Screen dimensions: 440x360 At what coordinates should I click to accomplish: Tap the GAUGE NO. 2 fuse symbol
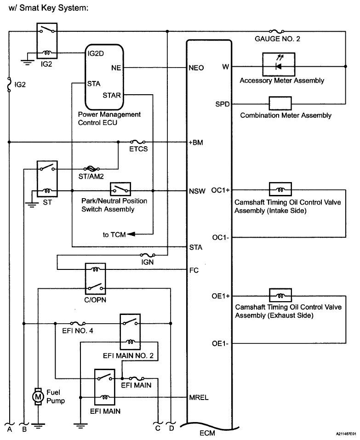278,31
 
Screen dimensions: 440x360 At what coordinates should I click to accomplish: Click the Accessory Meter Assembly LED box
278,65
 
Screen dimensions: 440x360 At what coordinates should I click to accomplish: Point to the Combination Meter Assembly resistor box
280,103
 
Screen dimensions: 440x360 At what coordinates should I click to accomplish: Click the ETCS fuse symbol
138,142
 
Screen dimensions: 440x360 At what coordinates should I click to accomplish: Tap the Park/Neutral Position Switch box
120,189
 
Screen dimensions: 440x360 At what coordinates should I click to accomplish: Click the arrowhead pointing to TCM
130,234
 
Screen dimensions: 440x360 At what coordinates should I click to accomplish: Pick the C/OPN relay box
96,278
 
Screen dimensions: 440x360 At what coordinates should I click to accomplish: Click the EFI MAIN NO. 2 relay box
130,331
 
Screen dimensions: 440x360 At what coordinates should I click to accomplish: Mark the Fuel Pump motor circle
38,394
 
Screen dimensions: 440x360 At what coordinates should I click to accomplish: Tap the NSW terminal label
197,190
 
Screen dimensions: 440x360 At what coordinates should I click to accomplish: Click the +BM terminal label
196,143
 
